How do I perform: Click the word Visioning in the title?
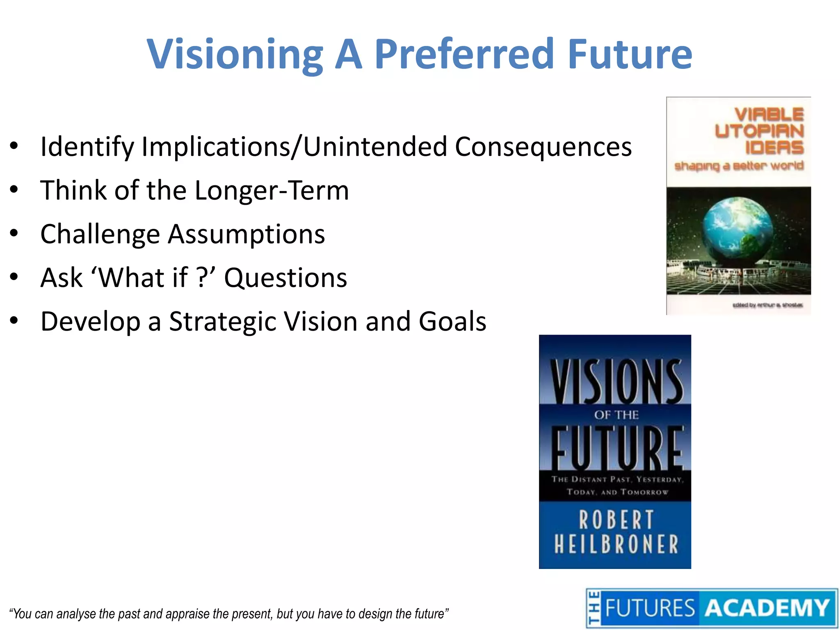pyautogui.click(x=235, y=54)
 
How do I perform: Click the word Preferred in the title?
pyautogui.click(x=464, y=54)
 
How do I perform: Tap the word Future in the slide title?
pyautogui.click(x=630, y=54)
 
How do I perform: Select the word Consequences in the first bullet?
pyautogui.click(x=543, y=147)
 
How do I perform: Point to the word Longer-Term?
pyautogui.click(x=272, y=190)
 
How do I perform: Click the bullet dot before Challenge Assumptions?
pyautogui.click(x=14, y=233)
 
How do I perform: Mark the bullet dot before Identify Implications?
pyautogui.click(x=14, y=146)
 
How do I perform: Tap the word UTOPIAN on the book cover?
pyautogui.click(x=759, y=131)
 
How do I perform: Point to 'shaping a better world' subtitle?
pyautogui.click(x=739, y=166)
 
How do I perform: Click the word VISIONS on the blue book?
pyautogui.click(x=616, y=381)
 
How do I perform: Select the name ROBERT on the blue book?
pyautogui.click(x=616, y=520)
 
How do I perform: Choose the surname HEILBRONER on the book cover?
pyautogui.click(x=616, y=544)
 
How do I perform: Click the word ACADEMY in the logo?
pyautogui.click(x=767, y=608)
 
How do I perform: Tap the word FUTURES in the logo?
pyautogui.click(x=650, y=608)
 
